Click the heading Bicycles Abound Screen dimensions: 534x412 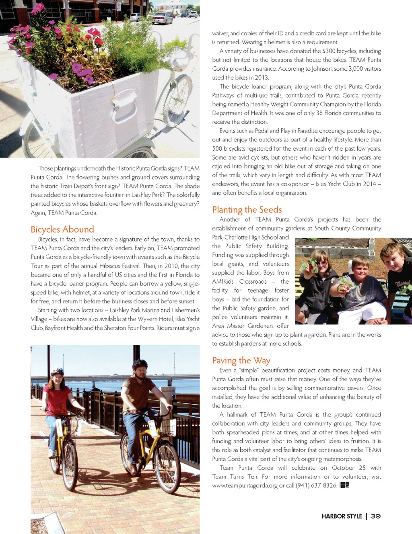pyautogui.click(x=62, y=229)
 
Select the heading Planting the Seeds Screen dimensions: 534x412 pyautogui.click(x=247, y=209)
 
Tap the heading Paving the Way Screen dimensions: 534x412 pyautogui.click(x=241, y=360)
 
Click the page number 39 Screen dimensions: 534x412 pyautogui.click(x=375, y=516)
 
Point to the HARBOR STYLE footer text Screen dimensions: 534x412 pyautogui.click(x=342, y=516)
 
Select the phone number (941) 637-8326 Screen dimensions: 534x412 pyautogui.click(x=316, y=485)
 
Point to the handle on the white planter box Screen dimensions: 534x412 pyautogui.click(x=127, y=105)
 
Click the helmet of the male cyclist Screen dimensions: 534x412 pyautogui.click(x=140, y=365)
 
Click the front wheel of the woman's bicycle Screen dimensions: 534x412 pyautogui.click(x=70, y=466)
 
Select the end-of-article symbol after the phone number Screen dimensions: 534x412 pyautogui.click(x=344, y=485)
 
